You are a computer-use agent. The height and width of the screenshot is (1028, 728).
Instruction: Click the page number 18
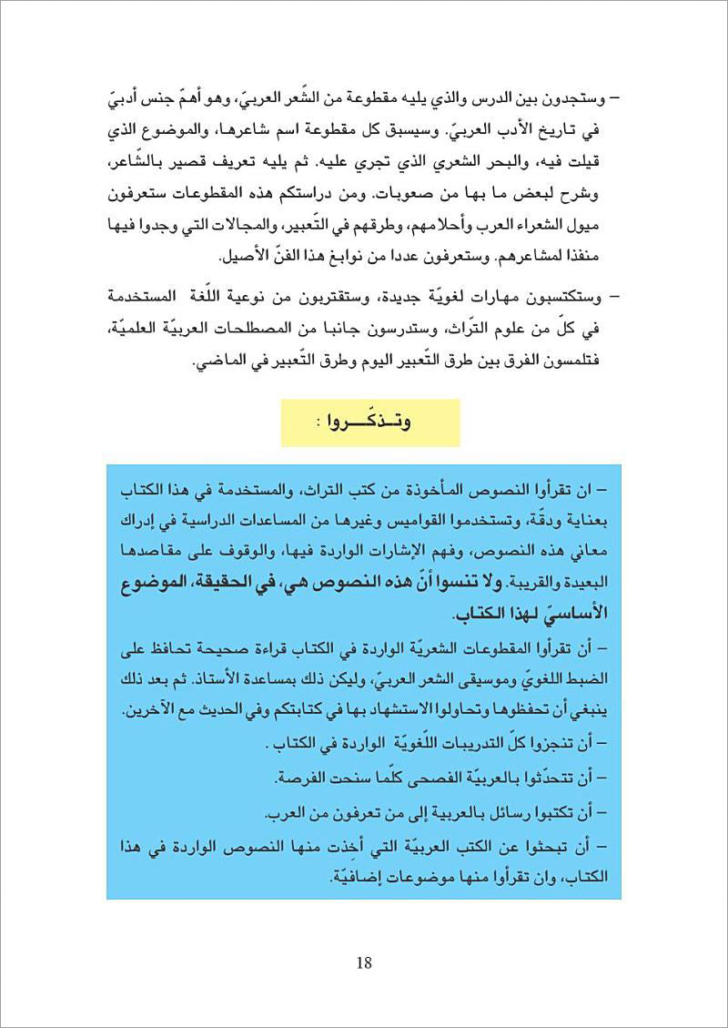[x=364, y=962]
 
